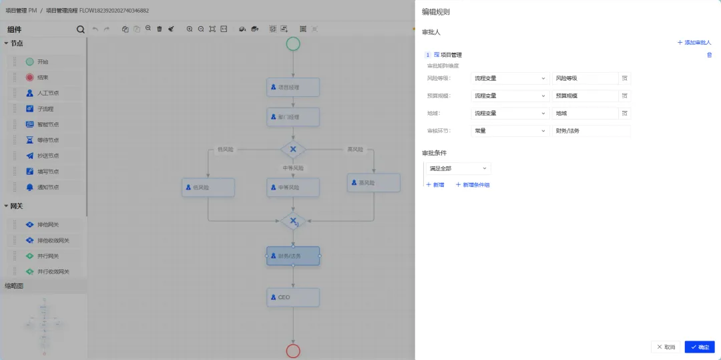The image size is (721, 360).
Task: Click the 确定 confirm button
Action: [699, 347]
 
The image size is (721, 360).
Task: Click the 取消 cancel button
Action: [666, 347]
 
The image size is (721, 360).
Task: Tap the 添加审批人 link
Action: [694, 42]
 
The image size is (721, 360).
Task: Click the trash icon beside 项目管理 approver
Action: [709, 55]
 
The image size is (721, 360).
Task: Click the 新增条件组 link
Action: [473, 184]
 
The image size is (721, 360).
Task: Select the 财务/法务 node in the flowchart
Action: [293, 256]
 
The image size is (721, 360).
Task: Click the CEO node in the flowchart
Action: [293, 297]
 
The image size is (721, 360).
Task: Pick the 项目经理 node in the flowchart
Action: [293, 87]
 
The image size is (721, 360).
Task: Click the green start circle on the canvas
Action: [293, 44]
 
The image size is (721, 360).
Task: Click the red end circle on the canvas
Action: [293, 351]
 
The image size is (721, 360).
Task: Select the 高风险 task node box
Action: [373, 182]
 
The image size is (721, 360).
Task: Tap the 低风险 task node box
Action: [208, 188]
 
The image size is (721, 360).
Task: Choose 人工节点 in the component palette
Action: [47, 93]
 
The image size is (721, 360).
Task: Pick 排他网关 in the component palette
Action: [47, 224]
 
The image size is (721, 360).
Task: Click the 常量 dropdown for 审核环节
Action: [509, 131]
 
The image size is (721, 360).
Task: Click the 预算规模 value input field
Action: [585, 96]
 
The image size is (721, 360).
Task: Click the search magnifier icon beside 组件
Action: [81, 29]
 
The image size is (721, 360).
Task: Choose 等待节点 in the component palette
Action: [47, 140]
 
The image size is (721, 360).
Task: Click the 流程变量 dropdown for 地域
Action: [509, 113]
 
